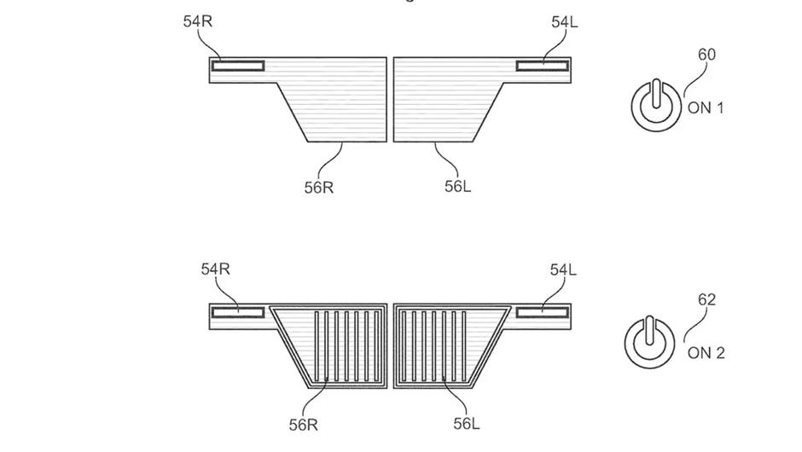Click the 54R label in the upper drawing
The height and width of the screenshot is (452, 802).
coord(198,21)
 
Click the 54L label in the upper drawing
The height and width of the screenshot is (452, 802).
coord(564,22)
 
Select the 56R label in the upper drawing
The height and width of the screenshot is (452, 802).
coord(319,187)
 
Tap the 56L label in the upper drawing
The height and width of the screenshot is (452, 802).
coord(457,186)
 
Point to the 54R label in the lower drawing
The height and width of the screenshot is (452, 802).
coord(216,269)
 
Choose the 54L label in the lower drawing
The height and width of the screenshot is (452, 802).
coord(563,269)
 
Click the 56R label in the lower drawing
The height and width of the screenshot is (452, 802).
coord(303,424)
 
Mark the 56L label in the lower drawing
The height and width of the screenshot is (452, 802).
coord(465,423)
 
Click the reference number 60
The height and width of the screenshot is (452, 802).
coord(707,55)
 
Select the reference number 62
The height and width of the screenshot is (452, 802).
coord(706,299)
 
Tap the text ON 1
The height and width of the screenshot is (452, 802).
coord(706,108)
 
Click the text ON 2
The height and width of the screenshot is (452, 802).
coord(706,353)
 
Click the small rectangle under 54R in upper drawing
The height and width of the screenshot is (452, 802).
coord(238,66)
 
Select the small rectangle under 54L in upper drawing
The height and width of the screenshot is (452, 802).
coord(542,66)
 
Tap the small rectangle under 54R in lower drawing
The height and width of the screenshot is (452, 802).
coord(238,312)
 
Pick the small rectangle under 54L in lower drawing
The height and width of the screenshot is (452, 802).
coord(542,312)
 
